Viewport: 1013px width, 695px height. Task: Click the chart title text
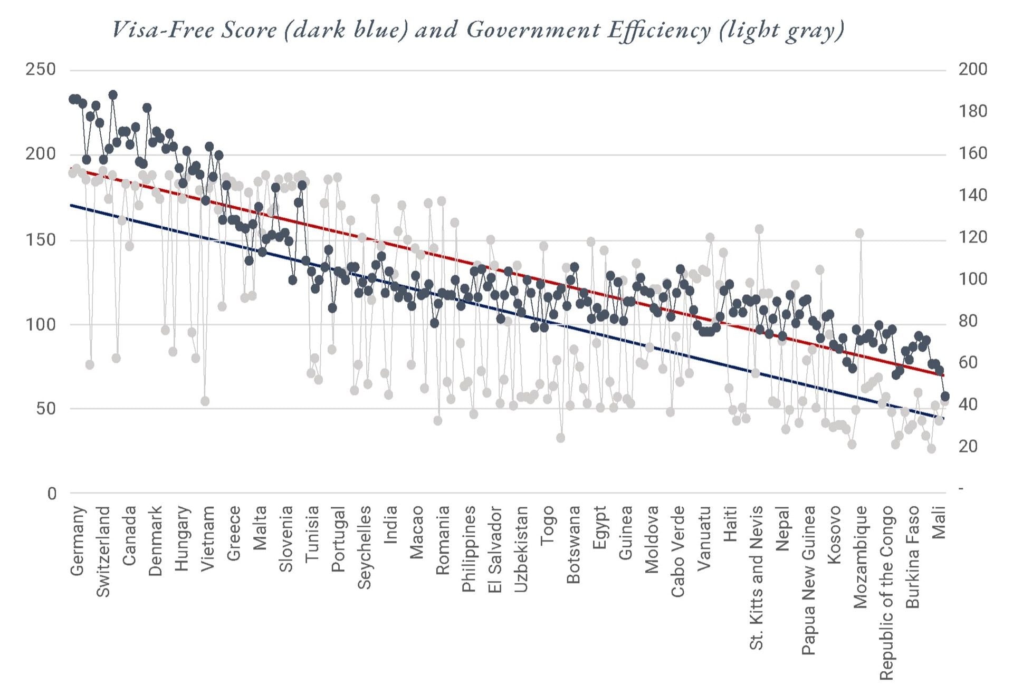[478, 30]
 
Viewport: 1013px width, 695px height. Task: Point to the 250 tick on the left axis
[41, 69]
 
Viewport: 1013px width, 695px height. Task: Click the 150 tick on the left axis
[41, 239]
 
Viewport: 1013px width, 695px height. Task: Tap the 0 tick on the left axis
[52, 494]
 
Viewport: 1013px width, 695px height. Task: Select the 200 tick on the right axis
[972, 69]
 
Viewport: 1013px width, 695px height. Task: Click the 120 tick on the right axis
[972, 237]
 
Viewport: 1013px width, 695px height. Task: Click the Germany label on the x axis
[77, 540]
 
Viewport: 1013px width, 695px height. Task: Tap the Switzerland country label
[103, 551]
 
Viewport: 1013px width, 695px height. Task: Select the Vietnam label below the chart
[208, 538]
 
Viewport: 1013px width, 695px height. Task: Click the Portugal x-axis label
[338, 539]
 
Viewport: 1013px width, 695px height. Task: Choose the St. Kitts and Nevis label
[756, 577]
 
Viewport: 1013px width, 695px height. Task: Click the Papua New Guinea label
[808, 580]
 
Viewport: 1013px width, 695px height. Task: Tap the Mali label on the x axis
[939, 523]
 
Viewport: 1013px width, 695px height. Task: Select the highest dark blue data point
[113, 95]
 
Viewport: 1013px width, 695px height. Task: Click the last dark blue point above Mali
[945, 396]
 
